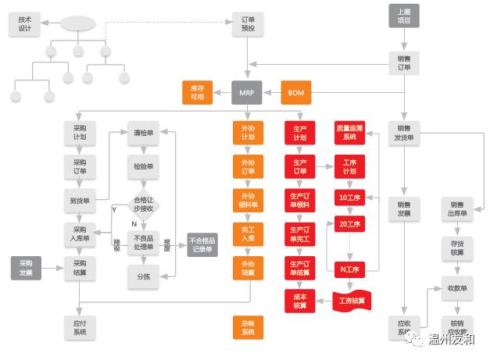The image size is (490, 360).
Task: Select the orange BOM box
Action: (296, 93)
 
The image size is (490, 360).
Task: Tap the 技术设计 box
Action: (24, 23)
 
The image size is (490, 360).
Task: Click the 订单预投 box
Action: (248, 23)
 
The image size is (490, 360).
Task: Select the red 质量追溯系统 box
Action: (349, 131)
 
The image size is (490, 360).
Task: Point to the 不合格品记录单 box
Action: (202, 244)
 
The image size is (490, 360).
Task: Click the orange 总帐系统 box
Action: (248, 327)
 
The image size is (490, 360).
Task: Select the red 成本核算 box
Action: (299, 301)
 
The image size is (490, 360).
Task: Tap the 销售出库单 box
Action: (456, 209)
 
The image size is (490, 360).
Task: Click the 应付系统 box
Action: (79, 326)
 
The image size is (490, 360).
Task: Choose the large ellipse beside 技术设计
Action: (77, 23)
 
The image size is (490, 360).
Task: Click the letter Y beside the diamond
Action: (114, 209)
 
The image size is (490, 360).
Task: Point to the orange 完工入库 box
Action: (248, 234)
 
